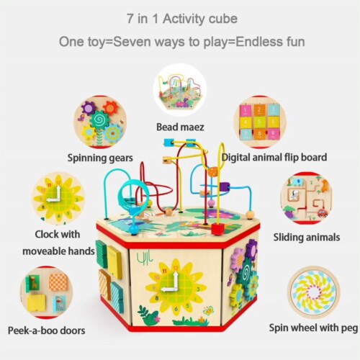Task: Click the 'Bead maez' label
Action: (x=180, y=127)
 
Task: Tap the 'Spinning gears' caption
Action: (x=100, y=158)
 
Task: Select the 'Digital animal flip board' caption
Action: (x=274, y=158)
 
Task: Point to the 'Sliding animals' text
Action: (x=307, y=238)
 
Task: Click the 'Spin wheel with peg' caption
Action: (x=313, y=328)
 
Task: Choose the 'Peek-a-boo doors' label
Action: (x=47, y=330)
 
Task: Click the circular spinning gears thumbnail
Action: (x=100, y=122)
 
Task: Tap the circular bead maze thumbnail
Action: (x=180, y=91)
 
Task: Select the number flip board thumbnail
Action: (x=260, y=122)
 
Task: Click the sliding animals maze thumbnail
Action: (x=307, y=198)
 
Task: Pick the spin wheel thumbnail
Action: (x=313, y=292)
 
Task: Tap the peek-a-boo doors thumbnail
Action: (x=47, y=292)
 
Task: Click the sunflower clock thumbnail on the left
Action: (x=58, y=198)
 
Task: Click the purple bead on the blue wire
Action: (x=225, y=187)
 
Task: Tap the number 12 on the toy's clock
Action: (x=176, y=268)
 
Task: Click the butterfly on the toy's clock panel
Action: (x=208, y=311)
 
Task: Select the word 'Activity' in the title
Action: (x=183, y=19)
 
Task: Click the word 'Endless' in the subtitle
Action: (x=256, y=42)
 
